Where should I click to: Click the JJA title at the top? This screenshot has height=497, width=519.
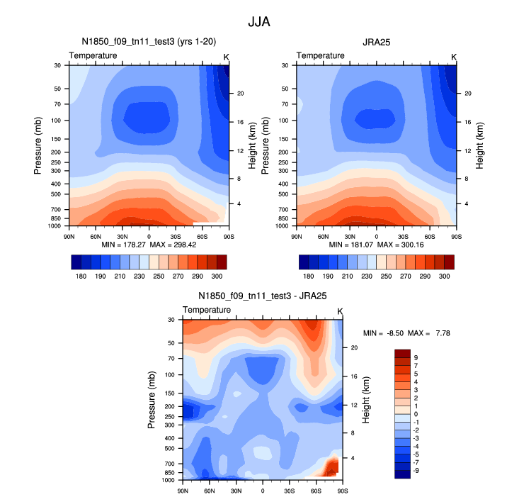[x=259, y=22]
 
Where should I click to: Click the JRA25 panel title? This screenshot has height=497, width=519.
[x=376, y=42]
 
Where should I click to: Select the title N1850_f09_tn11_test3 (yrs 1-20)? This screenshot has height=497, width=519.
[x=149, y=42]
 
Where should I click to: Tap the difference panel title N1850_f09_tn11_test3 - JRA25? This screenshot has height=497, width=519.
[x=263, y=296]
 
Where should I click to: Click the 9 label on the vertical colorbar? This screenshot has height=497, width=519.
[x=416, y=357]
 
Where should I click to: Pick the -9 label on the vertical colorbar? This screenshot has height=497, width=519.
[x=416, y=469]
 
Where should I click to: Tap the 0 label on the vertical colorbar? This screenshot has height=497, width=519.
[x=416, y=413]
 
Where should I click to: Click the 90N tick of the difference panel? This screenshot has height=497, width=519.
[x=183, y=491]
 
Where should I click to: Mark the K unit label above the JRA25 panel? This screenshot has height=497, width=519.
[x=454, y=56]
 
